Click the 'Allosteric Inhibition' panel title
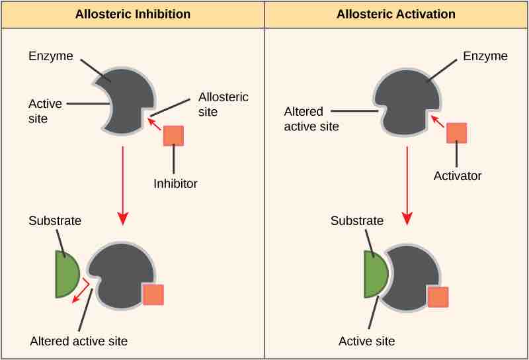[x=133, y=14]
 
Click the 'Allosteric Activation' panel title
[x=396, y=14]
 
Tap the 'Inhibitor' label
[x=175, y=183]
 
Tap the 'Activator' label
[x=458, y=176]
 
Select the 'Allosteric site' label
[x=224, y=104]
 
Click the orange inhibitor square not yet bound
[x=173, y=135]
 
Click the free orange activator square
[x=457, y=132]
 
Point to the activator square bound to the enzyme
[x=438, y=296]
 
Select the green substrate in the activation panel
[x=374, y=273]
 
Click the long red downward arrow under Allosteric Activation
[x=407, y=185]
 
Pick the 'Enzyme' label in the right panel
[x=485, y=56]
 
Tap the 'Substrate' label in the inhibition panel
[x=55, y=220]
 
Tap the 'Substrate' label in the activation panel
[x=357, y=220]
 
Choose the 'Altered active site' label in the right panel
[x=311, y=118]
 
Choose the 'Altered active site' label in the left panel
[x=79, y=341]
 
